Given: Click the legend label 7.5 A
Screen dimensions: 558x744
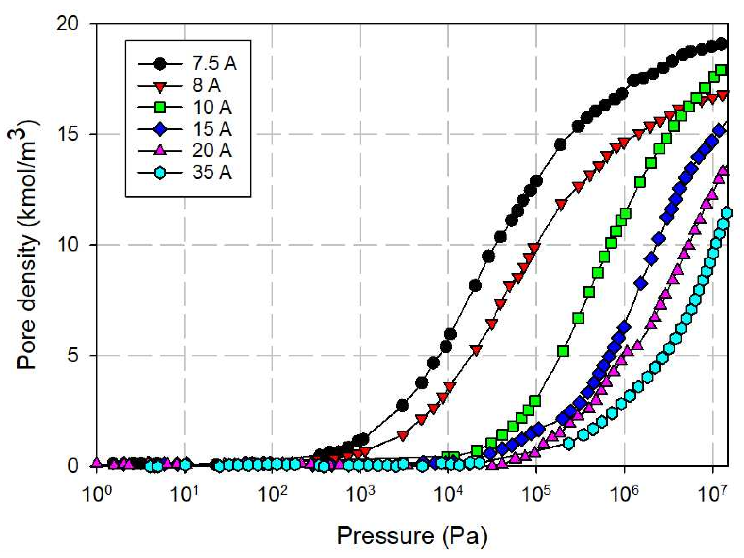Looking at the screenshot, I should point(214,63).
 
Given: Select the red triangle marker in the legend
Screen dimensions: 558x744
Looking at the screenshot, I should point(161,86).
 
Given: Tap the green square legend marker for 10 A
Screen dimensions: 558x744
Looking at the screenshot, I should point(161,107).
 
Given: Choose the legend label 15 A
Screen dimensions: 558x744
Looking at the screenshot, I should point(211,129).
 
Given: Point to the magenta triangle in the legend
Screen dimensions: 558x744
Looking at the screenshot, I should point(161,150).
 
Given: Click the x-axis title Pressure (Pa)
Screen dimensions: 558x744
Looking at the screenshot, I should point(412,536).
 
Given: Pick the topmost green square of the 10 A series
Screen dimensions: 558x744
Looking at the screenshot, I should point(721,70).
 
